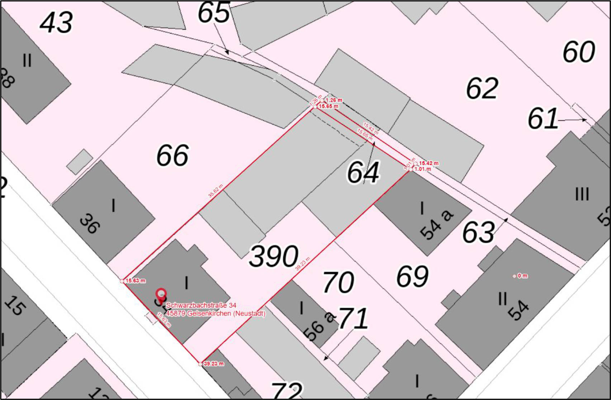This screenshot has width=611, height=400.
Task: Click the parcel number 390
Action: [x=274, y=256]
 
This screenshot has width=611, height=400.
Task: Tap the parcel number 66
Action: [x=172, y=155]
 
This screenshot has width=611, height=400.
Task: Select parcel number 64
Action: [x=363, y=172]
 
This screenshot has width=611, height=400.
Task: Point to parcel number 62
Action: [x=482, y=88]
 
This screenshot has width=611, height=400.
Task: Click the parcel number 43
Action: [x=56, y=22]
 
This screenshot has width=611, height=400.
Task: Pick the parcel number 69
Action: [x=412, y=276]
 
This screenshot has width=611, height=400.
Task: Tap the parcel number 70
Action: [x=338, y=282]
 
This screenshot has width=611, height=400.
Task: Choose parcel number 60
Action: [x=579, y=52]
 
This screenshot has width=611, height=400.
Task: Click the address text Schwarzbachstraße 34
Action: [x=201, y=305]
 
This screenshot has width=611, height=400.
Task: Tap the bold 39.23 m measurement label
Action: [x=214, y=363]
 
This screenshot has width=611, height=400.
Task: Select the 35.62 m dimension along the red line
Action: [x=215, y=190]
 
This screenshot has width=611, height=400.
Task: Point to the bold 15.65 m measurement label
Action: [x=328, y=106]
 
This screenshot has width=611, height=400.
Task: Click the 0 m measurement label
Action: [x=522, y=276]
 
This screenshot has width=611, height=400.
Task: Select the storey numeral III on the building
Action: [x=582, y=194]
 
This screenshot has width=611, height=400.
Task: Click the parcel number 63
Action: [x=478, y=232]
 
